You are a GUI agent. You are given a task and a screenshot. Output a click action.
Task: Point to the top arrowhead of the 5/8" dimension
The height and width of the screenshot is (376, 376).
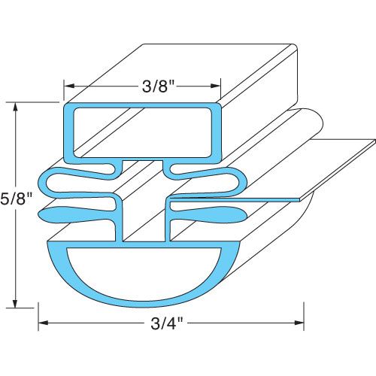click(x=15, y=106)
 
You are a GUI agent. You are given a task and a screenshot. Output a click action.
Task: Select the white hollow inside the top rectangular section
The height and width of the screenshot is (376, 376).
click(x=144, y=133)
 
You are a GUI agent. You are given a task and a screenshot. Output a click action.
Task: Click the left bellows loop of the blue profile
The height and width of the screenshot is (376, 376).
click(x=75, y=180)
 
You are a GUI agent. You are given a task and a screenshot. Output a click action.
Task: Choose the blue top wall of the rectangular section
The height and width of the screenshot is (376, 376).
click(x=144, y=107)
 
